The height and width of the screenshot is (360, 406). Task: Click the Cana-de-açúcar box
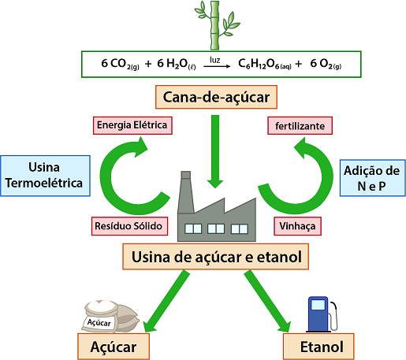pos(216,97)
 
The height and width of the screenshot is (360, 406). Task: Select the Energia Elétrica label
pos(132,125)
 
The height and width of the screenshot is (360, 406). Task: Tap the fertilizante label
pos(300,126)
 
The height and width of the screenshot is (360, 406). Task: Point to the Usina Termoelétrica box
pos(45,176)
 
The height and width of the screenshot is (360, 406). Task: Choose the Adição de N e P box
pos(373,178)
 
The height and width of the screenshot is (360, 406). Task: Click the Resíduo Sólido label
pos(129,226)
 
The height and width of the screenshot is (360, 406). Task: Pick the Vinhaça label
pos(297,226)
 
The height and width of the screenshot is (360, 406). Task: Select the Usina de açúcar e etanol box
pos(216,257)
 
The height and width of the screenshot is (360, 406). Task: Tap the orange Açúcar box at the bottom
pos(114,347)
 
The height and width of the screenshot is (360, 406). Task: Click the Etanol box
pos(318,347)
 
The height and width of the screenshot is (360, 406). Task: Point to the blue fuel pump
pos(321,314)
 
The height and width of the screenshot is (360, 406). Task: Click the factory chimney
pos(186,191)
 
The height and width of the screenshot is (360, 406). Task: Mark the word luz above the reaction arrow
pos(215,60)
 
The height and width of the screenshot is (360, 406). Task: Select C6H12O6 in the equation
pos(265,64)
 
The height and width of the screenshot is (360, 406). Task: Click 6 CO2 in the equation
pos(120,64)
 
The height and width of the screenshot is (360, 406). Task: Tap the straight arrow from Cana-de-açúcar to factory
pos(215,151)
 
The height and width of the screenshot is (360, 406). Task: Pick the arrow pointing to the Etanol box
pos(267,301)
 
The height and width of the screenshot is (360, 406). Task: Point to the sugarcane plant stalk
pos(215,25)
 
